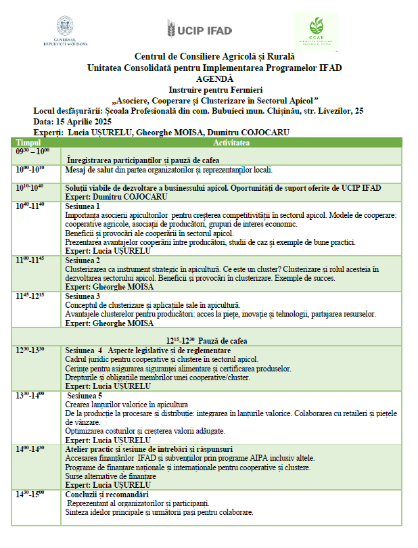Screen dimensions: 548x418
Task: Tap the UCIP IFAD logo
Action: click(x=199, y=29)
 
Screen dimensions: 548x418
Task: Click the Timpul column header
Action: click(x=29, y=143)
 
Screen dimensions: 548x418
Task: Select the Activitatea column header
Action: click(x=231, y=143)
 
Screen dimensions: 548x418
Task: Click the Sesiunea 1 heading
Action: click(x=83, y=206)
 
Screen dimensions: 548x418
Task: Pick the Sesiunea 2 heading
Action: click(x=83, y=260)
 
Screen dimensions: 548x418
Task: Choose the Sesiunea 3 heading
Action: click(x=83, y=296)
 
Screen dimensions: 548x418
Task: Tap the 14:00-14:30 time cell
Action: click(x=30, y=449)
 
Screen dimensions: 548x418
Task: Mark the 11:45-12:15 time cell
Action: click(x=30, y=296)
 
